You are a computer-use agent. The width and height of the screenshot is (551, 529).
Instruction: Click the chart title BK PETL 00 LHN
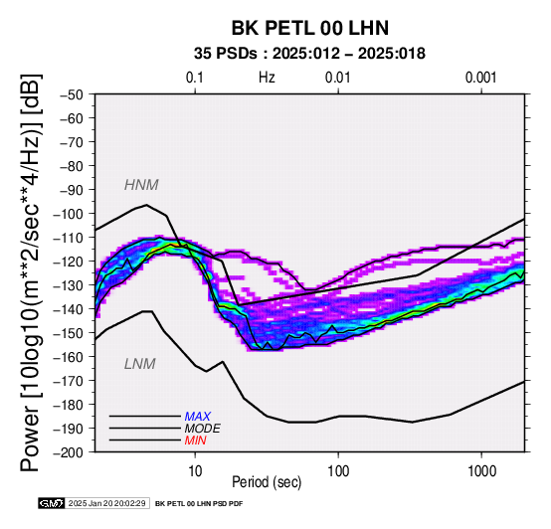[x=310, y=28]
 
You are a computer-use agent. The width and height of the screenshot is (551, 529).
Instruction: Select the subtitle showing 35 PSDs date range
[x=309, y=54]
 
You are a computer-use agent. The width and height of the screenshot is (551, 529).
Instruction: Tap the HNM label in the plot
[x=141, y=185]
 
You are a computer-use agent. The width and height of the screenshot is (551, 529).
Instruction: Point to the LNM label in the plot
[x=140, y=364]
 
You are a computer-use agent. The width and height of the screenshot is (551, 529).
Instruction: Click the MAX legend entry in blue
[x=198, y=417]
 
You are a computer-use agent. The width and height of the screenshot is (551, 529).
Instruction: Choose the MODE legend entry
[x=203, y=429]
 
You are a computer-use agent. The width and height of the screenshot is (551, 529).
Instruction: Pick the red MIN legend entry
[x=195, y=441]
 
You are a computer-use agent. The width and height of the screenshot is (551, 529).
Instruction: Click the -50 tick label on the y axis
[x=71, y=94]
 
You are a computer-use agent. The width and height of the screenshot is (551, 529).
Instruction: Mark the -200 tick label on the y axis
[x=69, y=452]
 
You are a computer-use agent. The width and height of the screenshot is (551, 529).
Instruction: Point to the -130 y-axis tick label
[x=69, y=285]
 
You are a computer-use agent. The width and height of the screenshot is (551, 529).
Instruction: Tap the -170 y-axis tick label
[x=69, y=381]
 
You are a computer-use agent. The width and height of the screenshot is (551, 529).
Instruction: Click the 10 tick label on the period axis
[x=195, y=471]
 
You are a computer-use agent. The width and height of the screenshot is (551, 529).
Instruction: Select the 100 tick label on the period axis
[x=338, y=471]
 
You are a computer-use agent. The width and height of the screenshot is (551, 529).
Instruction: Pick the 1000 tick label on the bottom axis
[x=481, y=471]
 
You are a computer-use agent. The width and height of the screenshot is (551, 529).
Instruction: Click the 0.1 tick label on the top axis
[x=195, y=78]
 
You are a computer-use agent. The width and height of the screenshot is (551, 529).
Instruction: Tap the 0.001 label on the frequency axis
[x=480, y=78]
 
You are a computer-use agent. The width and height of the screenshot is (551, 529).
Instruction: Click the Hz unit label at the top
[x=267, y=78]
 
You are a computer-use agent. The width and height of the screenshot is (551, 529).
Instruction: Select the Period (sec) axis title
[x=267, y=482]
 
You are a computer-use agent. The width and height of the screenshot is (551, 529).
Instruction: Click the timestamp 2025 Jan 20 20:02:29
[x=106, y=503]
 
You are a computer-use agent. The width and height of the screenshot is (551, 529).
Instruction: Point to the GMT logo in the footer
[x=52, y=503]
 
